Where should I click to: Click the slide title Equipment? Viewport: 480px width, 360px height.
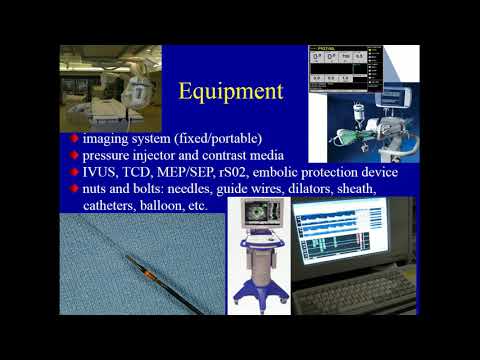[x=230, y=92]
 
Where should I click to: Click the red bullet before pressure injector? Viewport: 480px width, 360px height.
[x=75, y=156]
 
